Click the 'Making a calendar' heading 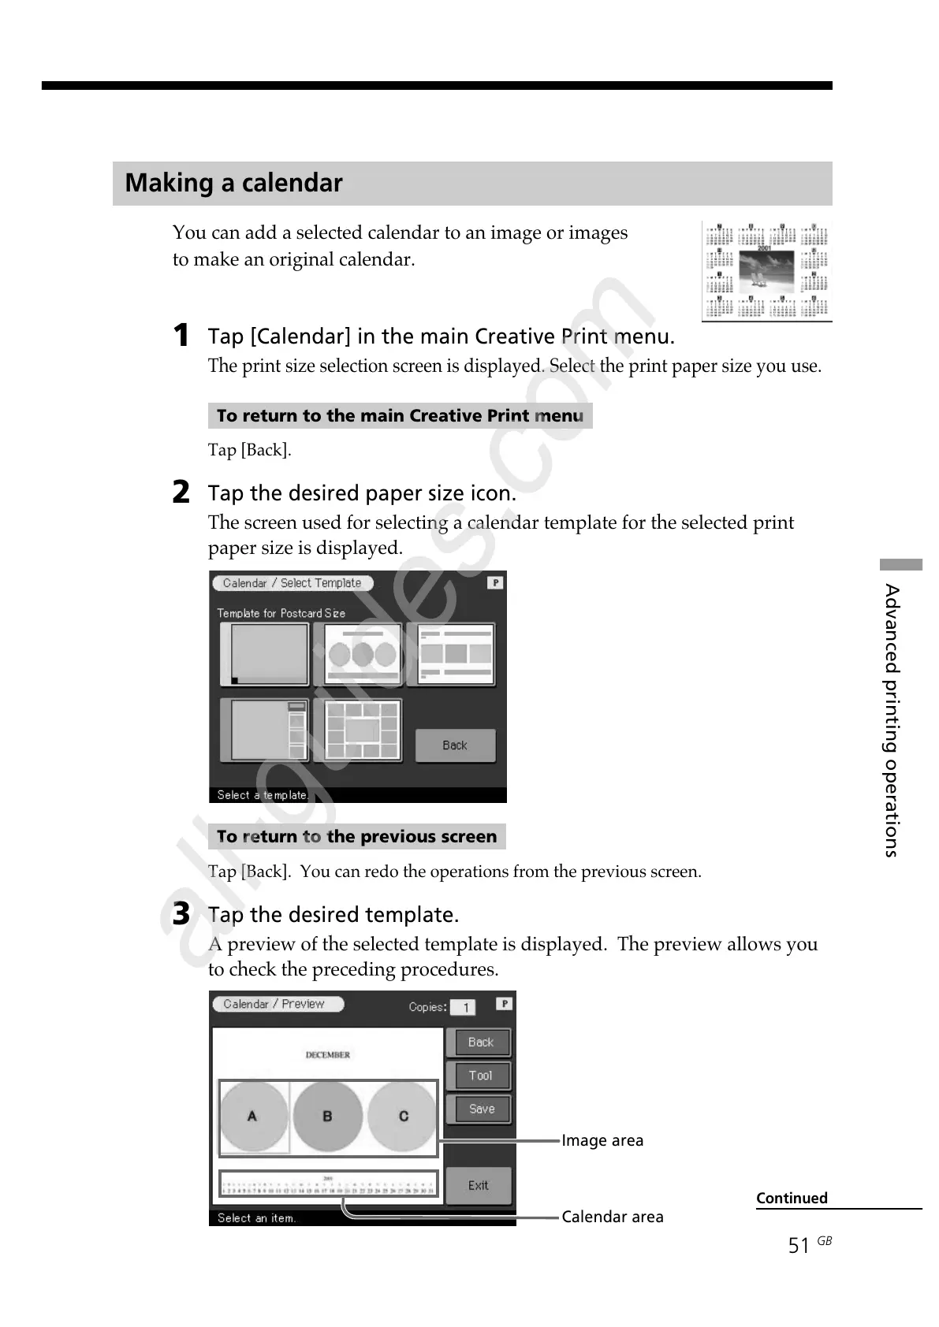233,183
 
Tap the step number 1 181,336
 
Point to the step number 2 181,493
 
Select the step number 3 181,914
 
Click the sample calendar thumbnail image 766,271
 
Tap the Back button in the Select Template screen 455,745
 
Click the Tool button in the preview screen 479,1076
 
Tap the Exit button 478,1185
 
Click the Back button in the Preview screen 479,1042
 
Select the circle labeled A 252,1116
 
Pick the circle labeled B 327,1116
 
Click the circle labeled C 403,1116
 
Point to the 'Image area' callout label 602,1140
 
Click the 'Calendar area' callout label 613,1217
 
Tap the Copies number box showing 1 464,1007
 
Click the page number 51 799,1245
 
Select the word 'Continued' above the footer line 792,1198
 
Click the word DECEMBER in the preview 327,1054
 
